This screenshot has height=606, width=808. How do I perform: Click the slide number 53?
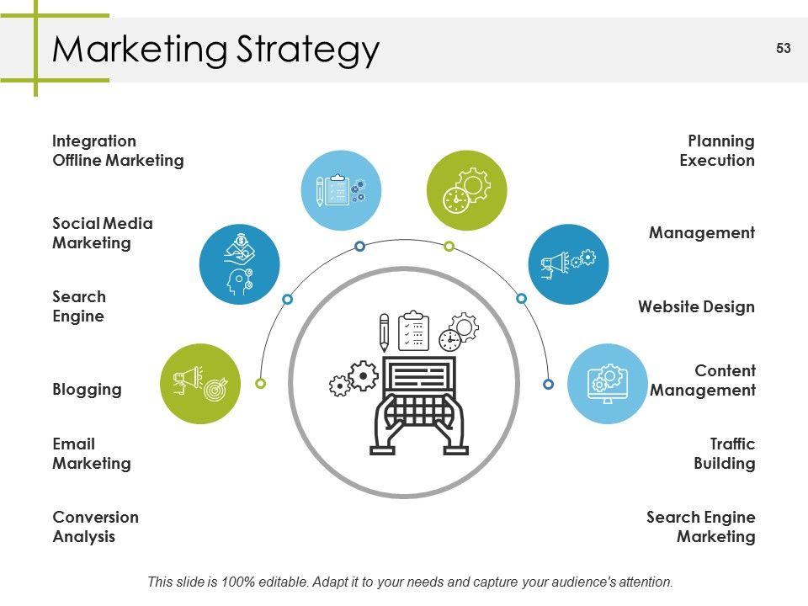click(783, 49)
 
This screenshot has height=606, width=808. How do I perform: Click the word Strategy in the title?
click(307, 50)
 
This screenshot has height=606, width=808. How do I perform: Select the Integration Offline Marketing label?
click(118, 151)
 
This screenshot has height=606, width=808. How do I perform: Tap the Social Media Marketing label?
click(103, 233)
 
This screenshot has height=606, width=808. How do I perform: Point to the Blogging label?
click(87, 390)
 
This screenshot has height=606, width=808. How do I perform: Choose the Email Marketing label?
click(91, 454)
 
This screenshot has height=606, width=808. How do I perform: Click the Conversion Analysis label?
click(95, 527)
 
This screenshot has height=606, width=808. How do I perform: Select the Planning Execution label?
click(717, 151)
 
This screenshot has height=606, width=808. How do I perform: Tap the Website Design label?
click(696, 306)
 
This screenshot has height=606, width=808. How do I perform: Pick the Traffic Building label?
click(724, 454)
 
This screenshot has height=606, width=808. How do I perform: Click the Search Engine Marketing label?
click(700, 527)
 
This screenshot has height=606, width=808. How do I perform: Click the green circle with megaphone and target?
click(200, 383)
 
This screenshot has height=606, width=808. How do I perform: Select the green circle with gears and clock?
click(466, 190)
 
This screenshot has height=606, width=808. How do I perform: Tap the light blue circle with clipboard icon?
click(341, 190)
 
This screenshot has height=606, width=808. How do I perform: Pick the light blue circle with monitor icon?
click(607, 383)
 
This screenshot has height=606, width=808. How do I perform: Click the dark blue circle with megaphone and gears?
click(567, 263)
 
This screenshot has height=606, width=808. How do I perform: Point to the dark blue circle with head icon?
click(239, 263)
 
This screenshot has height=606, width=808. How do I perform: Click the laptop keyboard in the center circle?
click(418, 410)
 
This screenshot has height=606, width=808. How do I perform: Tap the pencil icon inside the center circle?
click(385, 332)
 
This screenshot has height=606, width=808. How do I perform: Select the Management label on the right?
click(701, 233)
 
